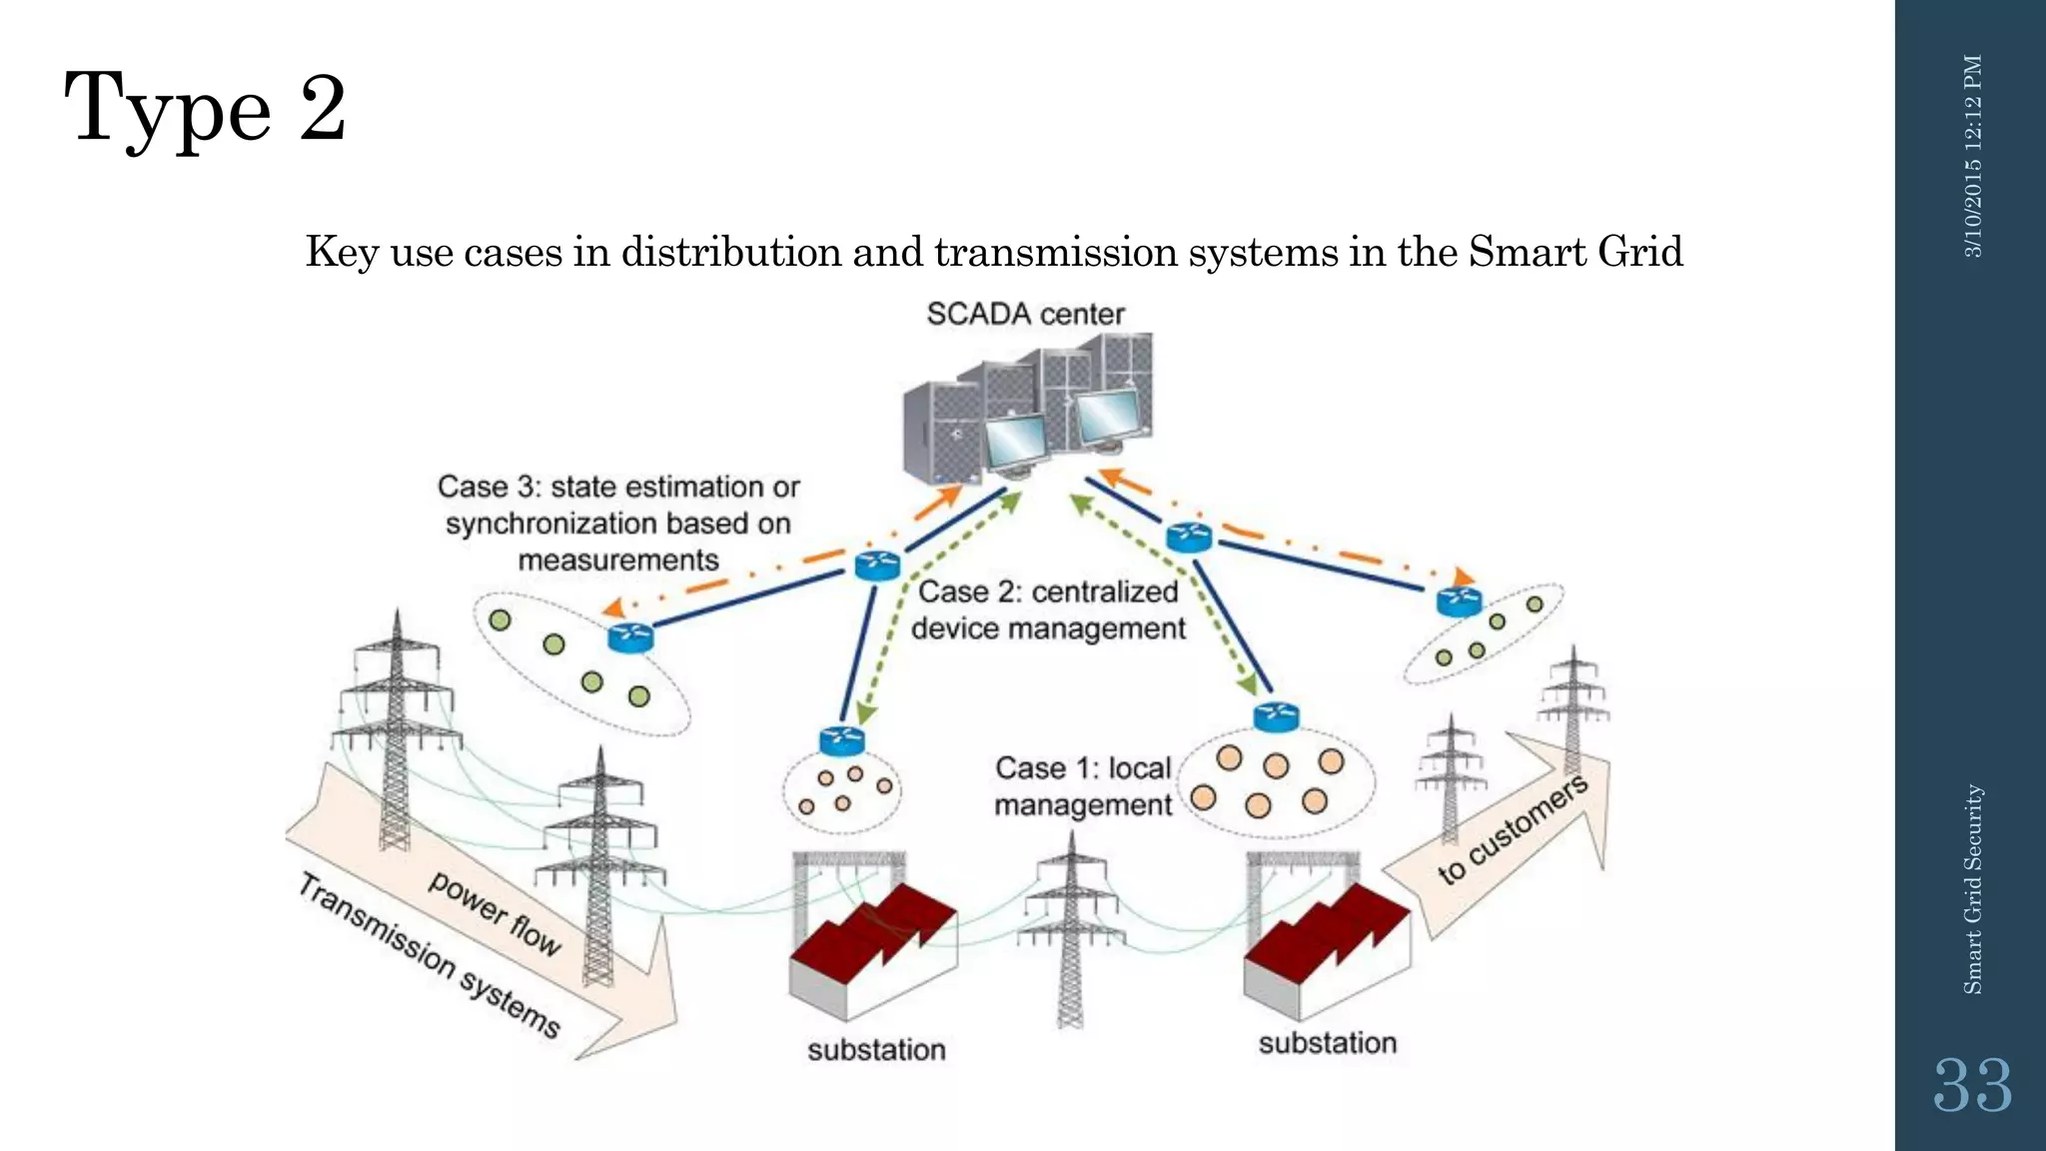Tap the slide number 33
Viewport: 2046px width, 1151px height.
(x=1972, y=1086)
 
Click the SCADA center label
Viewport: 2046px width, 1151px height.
(x=1025, y=314)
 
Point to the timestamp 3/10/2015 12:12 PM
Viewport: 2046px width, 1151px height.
(x=1973, y=156)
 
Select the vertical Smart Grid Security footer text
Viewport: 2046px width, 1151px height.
(x=1972, y=889)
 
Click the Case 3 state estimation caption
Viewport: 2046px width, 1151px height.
(x=618, y=523)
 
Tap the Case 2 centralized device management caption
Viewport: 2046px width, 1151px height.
(x=1048, y=609)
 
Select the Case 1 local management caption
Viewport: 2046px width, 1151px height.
(x=1083, y=786)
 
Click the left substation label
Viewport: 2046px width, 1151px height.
(x=876, y=1050)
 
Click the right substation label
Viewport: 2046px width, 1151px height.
(x=1327, y=1043)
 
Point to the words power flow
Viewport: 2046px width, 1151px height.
(x=496, y=912)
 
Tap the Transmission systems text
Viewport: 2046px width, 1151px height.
(x=430, y=954)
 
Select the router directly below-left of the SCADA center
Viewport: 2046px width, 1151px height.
(x=878, y=567)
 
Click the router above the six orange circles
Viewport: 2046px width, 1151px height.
(x=1276, y=716)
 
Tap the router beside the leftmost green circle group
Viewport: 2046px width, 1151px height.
(x=630, y=636)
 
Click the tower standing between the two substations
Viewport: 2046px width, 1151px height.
(x=1070, y=929)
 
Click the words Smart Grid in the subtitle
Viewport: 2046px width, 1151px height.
(x=1575, y=251)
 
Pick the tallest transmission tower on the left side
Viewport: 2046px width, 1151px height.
(x=397, y=729)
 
